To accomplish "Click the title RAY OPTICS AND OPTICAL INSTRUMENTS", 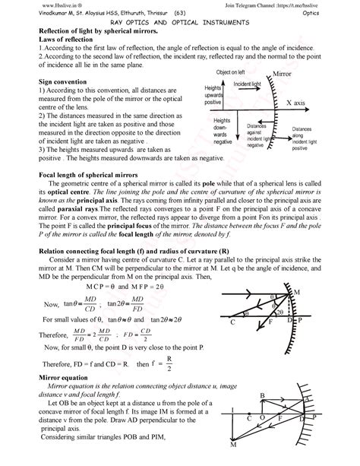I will point(180,24).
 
